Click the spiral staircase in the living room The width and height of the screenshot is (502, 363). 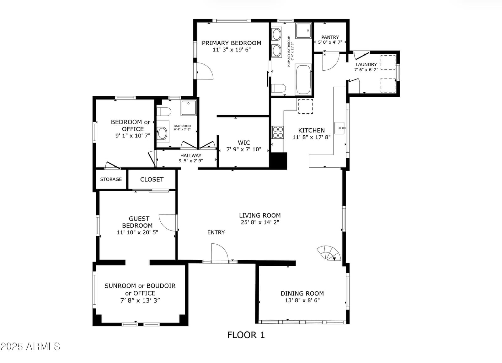[329, 253]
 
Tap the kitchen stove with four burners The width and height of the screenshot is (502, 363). [277, 133]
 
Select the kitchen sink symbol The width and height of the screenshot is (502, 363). [339, 128]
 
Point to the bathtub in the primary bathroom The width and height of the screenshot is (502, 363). [303, 80]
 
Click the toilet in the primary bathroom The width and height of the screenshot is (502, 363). [279, 88]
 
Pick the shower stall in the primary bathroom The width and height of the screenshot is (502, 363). [303, 30]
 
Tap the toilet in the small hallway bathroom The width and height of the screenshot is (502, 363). [164, 111]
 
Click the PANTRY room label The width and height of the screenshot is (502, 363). [330, 37]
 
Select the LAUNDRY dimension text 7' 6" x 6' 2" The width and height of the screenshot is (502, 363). [366, 70]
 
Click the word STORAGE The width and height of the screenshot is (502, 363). [111, 179]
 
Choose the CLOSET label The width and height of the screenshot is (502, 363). [152, 180]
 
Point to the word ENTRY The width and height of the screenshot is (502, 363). [216, 232]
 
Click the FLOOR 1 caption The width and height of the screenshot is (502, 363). [246, 335]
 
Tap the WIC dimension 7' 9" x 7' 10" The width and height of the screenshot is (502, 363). [244, 149]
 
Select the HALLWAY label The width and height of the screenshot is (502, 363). [191, 155]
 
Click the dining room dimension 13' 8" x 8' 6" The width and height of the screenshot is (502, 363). [302, 300]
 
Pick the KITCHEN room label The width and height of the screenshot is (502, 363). [311, 130]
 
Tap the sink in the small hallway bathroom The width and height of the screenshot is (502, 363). [163, 133]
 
